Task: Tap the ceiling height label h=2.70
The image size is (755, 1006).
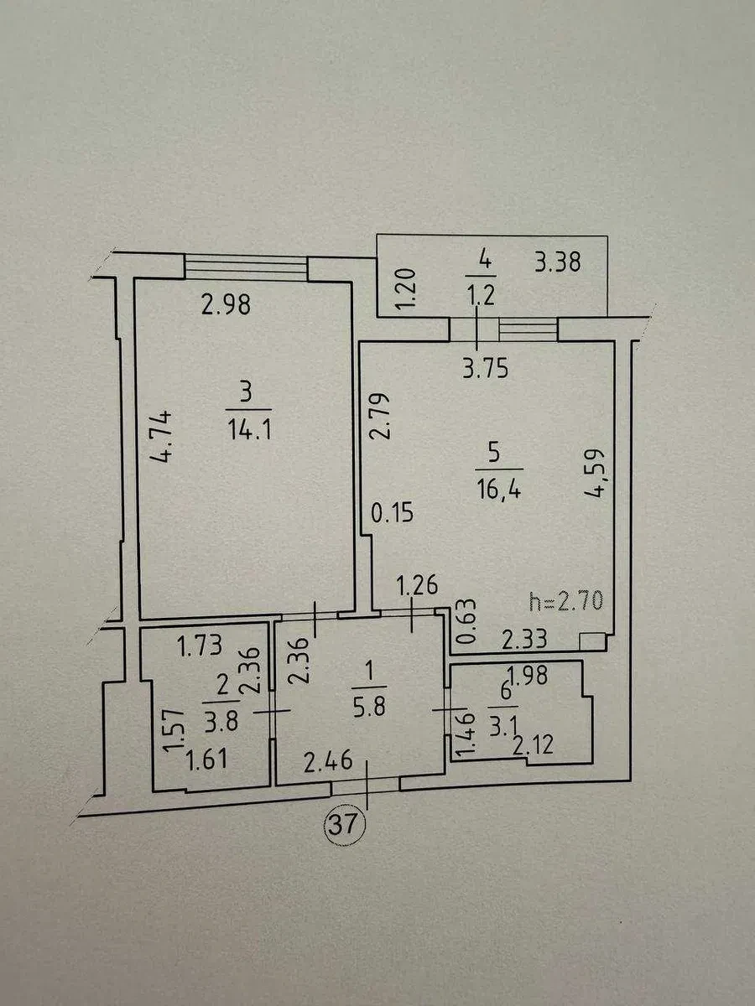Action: [x=565, y=602]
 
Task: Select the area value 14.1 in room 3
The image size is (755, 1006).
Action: [x=249, y=430]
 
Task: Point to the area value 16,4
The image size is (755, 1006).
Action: [x=499, y=491]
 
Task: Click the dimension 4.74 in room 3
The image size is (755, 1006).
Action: [x=162, y=436]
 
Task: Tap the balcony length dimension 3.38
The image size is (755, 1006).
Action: [x=558, y=262]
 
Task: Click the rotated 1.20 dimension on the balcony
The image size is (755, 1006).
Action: [x=406, y=289]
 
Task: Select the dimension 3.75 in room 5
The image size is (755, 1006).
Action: [x=486, y=368]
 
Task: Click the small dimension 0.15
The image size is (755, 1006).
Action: [x=392, y=512]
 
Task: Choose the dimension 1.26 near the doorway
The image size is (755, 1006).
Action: [x=417, y=585]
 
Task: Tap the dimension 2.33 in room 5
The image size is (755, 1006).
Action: [x=524, y=639]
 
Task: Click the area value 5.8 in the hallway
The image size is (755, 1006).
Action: [x=369, y=708]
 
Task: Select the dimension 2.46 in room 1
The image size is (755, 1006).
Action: [x=328, y=760]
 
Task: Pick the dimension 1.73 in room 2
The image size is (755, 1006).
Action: [x=200, y=646]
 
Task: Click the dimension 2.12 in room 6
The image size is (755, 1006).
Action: [x=533, y=746]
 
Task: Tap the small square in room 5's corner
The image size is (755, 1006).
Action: [x=592, y=641]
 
